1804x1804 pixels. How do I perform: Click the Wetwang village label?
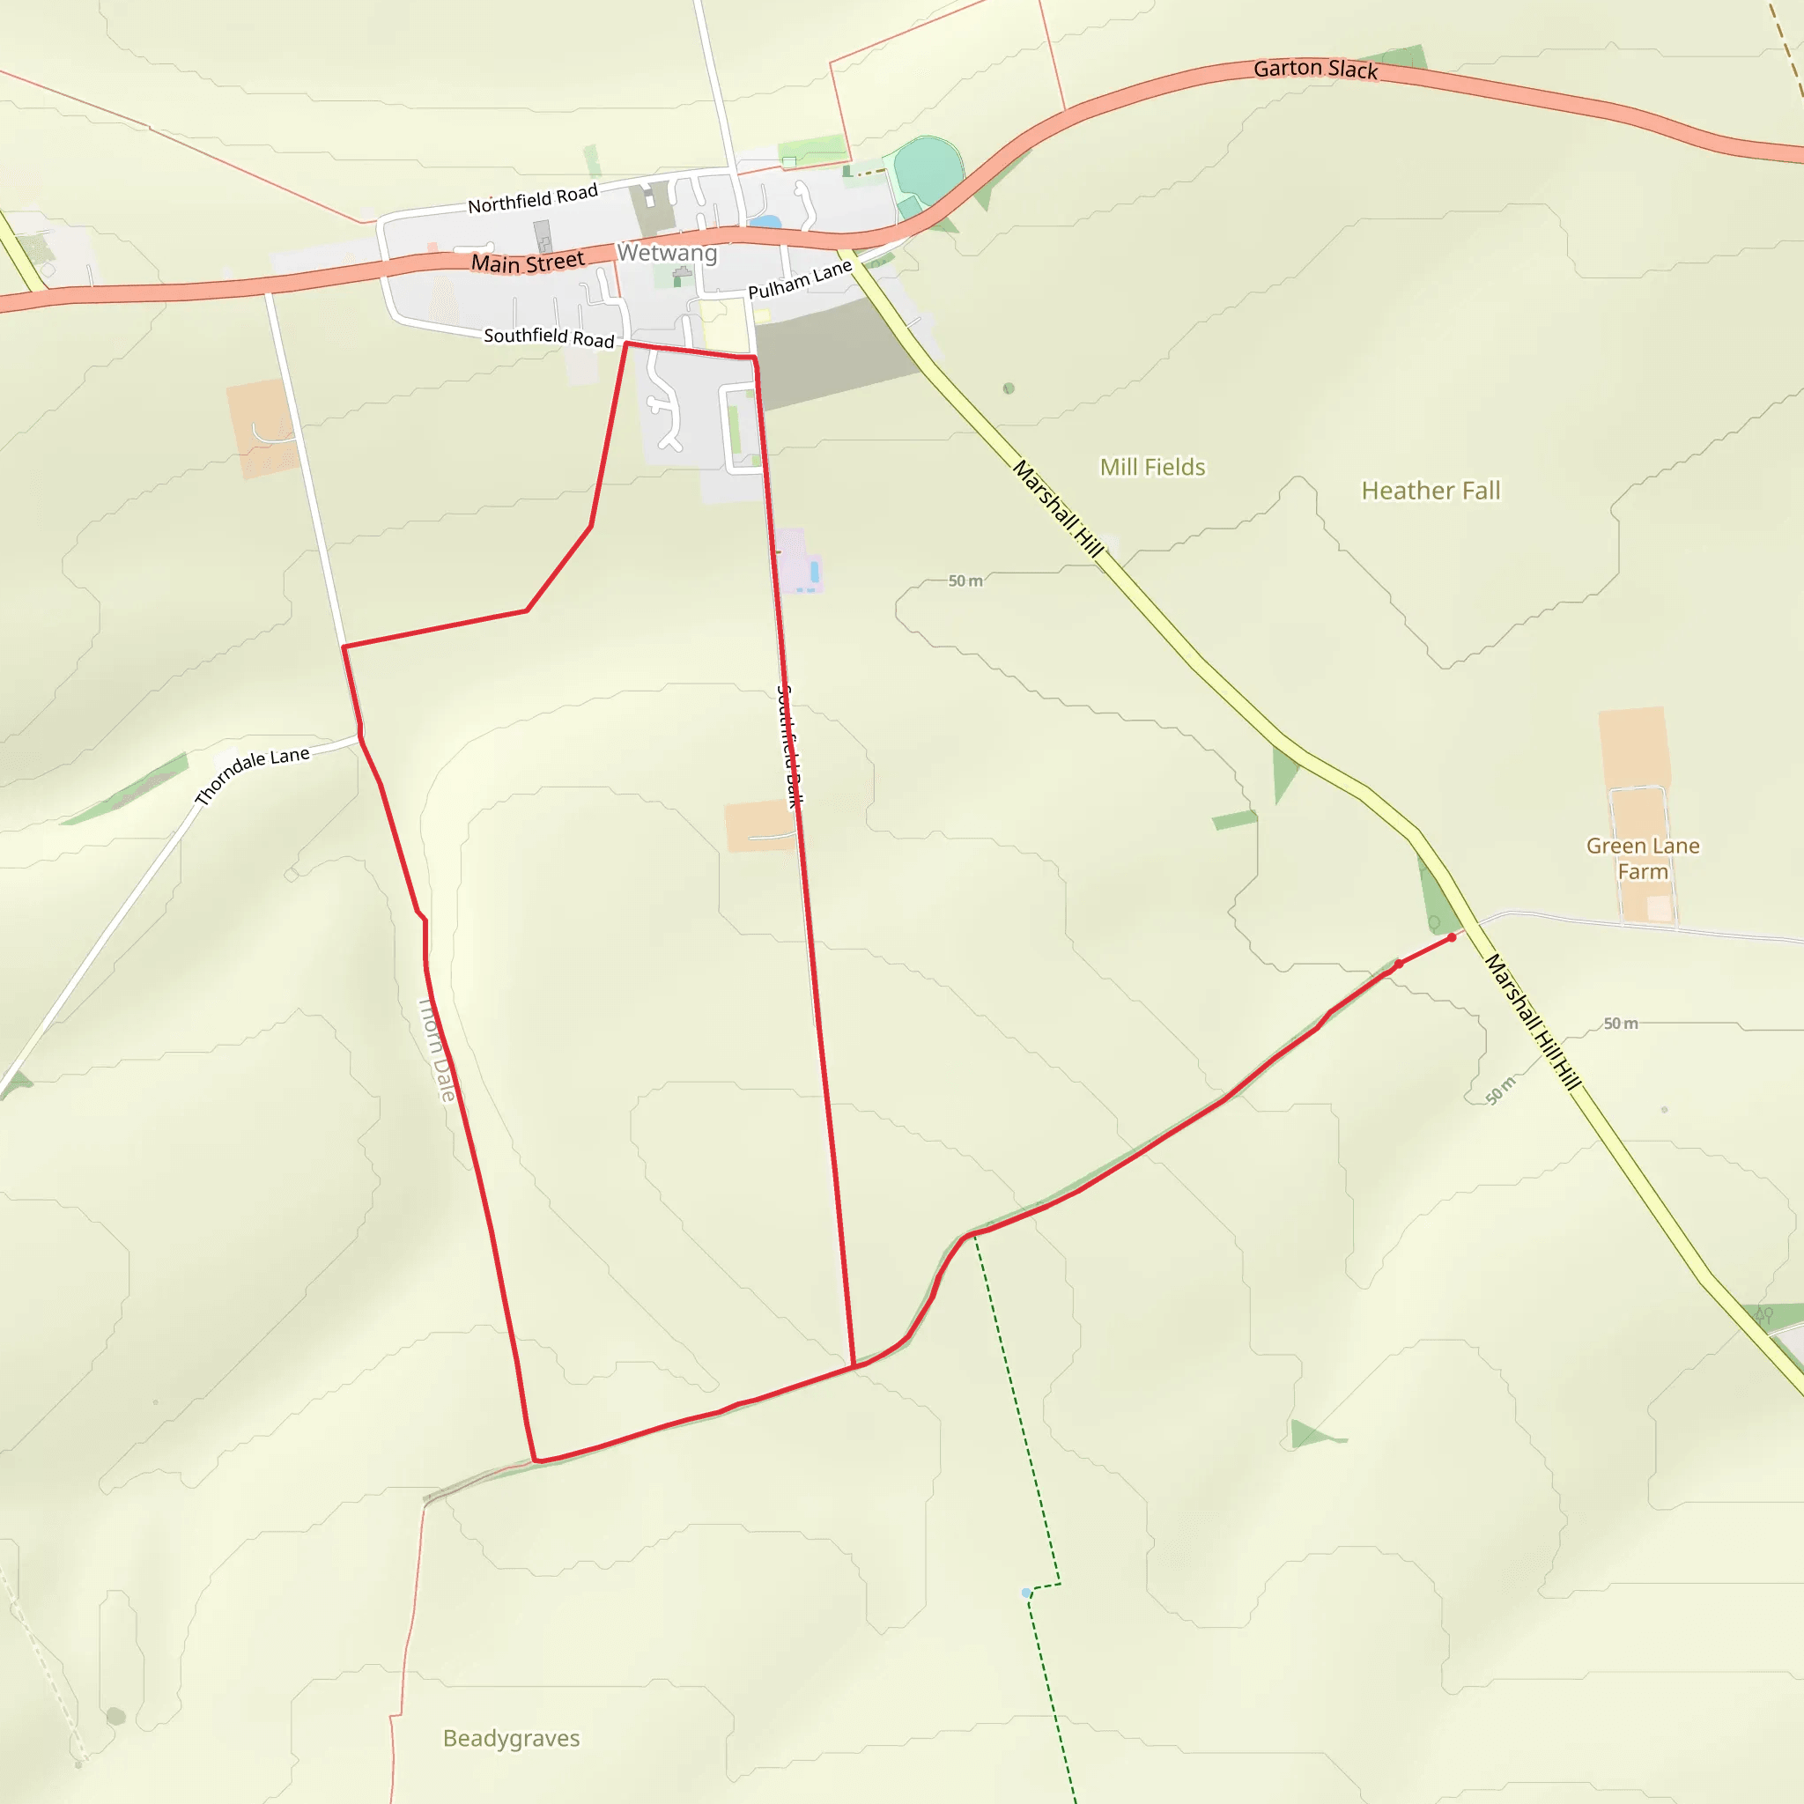click(667, 253)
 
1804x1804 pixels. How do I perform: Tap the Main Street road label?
click(528, 262)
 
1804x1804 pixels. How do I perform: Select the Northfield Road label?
click(532, 199)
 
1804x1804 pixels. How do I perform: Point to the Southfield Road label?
click(549, 336)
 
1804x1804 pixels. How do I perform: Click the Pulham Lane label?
click(800, 279)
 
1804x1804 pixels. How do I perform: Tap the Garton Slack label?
click(1315, 69)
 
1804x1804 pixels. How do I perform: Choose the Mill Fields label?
click(1152, 467)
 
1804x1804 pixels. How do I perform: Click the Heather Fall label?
click(1431, 492)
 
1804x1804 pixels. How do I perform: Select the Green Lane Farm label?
click(1643, 858)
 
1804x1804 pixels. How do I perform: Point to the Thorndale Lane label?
click(251, 774)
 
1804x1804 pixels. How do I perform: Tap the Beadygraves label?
click(511, 1738)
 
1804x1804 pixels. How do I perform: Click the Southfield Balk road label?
click(790, 746)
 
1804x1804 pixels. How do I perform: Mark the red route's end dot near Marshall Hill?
click(1452, 937)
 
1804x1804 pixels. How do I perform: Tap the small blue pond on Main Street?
click(765, 222)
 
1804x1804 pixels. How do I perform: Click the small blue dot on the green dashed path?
click(1026, 1592)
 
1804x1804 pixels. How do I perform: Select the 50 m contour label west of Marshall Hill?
click(965, 580)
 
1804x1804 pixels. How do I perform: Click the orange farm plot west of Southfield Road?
click(261, 429)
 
